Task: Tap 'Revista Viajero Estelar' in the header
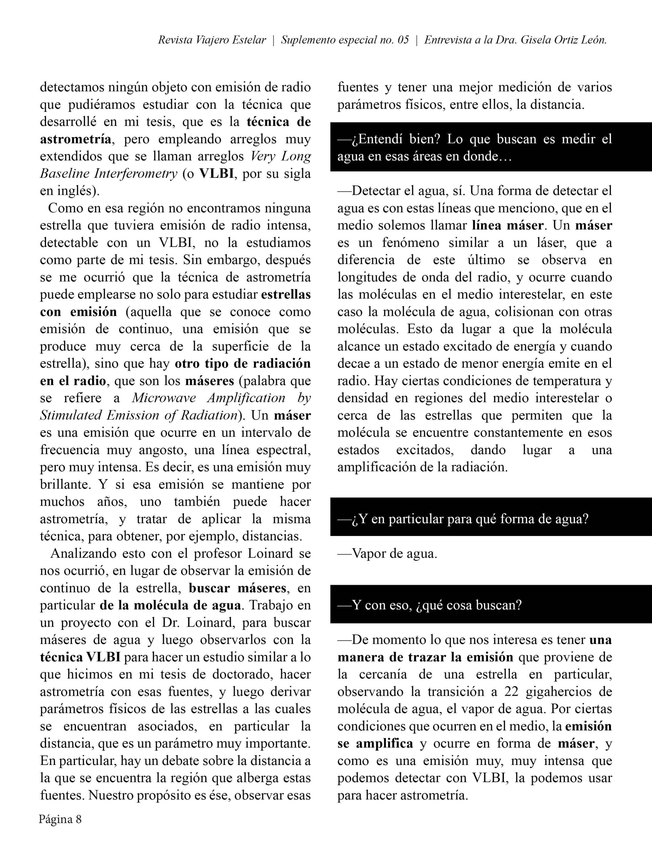point(212,40)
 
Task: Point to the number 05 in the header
point(403,40)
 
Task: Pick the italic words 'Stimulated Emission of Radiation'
point(138,415)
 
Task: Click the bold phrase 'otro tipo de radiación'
point(243,363)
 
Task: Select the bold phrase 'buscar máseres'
point(237,588)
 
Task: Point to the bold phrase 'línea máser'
point(508,225)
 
